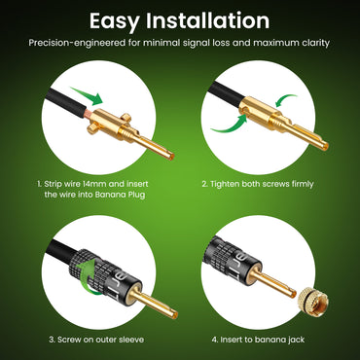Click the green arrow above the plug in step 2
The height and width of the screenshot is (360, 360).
point(285,100)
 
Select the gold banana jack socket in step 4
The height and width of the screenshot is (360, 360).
point(309,298)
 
